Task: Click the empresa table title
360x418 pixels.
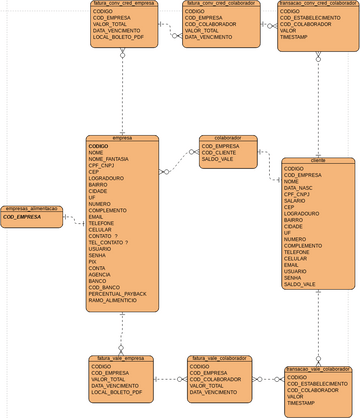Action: point(123,138)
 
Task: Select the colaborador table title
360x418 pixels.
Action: point(228,138)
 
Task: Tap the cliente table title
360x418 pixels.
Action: point(318,160)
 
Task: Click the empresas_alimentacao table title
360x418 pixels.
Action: point(31,208)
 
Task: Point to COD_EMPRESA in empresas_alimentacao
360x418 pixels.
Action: point(22,217)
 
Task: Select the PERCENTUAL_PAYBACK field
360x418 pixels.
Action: point(118,293)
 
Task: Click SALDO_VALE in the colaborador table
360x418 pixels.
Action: point(218,160)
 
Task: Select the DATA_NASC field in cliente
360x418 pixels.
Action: point(298,187)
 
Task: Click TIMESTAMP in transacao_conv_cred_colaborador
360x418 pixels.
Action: point(295,37)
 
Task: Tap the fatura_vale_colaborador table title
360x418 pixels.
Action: point(218,358)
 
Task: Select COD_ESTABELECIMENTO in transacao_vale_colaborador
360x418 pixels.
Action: point(318,383)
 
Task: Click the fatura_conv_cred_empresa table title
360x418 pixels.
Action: point(123,3)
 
